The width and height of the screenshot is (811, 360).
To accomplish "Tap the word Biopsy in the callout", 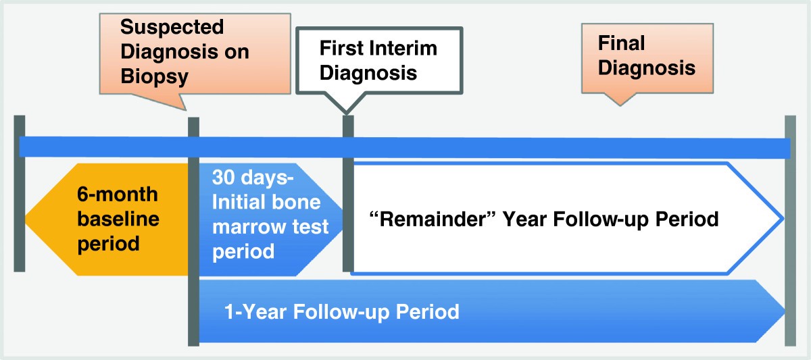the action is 155,77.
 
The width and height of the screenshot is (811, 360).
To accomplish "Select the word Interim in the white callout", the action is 403,48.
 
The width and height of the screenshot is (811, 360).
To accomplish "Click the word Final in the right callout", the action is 621,43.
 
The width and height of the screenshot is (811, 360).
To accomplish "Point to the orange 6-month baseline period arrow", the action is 107,220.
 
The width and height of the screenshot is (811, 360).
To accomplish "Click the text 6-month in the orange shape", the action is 118,195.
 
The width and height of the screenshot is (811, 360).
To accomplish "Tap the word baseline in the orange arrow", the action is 118,219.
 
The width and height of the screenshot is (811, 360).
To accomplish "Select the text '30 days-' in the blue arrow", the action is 253,177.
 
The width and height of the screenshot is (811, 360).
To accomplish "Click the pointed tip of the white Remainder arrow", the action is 783,219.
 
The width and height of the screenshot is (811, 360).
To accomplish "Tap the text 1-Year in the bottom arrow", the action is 256,311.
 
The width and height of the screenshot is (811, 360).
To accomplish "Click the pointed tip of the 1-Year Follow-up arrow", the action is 784,311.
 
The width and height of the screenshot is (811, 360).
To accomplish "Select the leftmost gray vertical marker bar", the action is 20,194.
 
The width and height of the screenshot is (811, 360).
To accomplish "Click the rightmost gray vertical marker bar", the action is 790,230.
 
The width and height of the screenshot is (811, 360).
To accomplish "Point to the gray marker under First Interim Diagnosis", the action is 348,194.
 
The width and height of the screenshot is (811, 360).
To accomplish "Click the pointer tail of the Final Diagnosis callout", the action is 620,105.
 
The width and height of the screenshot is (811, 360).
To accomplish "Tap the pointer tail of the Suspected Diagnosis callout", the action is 185,109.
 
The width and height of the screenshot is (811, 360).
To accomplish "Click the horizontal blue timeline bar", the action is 405,148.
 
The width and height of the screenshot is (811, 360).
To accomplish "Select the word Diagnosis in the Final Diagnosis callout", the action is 647,68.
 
